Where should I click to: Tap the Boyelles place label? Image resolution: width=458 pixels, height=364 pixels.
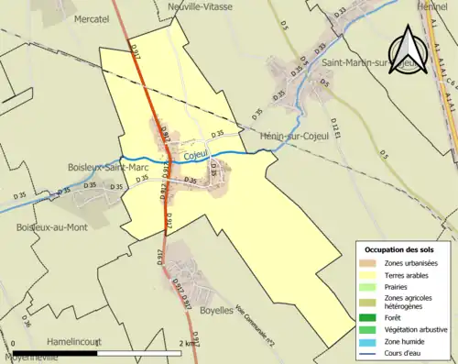click(216, 311)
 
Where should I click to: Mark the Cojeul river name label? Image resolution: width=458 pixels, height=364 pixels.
click(195, 155)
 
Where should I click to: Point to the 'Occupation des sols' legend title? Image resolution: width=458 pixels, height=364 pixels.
click(400, 249)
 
